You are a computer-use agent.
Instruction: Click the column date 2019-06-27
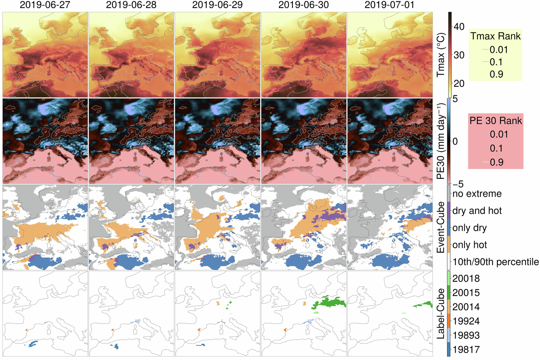click(45, 5)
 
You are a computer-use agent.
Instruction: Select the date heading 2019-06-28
click(131, 5)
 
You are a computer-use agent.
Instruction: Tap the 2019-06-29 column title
click(217, 5)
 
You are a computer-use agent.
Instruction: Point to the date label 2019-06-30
click(304, 5)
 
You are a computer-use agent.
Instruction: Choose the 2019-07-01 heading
click(389, 5)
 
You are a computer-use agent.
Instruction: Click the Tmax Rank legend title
click(495, 36)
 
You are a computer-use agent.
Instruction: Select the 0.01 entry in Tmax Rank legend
click(498, 50)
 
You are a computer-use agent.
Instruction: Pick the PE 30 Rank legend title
click(495, 121)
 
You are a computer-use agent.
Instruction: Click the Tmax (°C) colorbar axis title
click(441, 55)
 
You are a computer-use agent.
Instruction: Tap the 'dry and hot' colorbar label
click(477, 211)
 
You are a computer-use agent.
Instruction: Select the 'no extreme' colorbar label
click(477, 194)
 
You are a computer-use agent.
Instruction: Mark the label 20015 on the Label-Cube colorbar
click(466, 293)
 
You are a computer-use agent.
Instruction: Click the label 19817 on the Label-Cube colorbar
click(466, 350)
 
